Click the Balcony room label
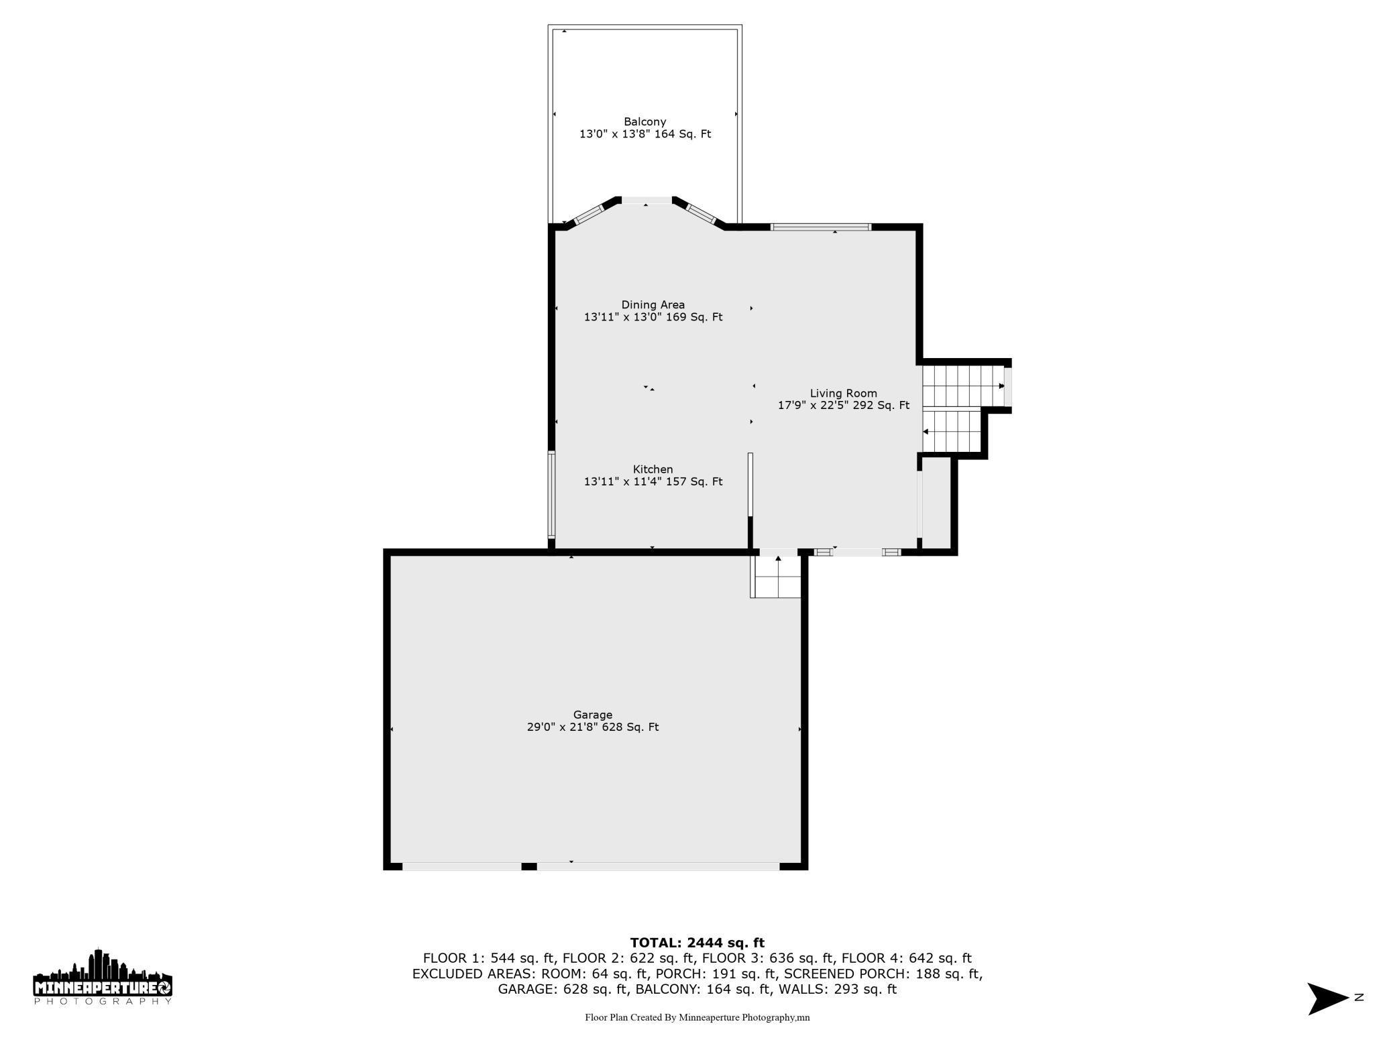pyautogui.click(x=645, y=122)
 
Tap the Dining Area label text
pyautogui.click(x=653, y=305)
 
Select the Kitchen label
pyautogui.click(x=653, y=469)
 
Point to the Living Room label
pyautogui.click(x=843, y=394)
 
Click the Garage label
pyautogui.click(x=592, y=715)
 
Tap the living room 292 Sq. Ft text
pyautogui.click(x=881, y=406)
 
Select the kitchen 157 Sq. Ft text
pyautogui.click(x=693, y=481)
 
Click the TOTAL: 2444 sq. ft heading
pyautogui.click(x=697, y=943)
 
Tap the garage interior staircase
pyautogui.click(x=777, y=577)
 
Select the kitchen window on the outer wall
pyautogui.click(x=551, y=495)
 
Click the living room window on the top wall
pyautogui.click(x=821, y=227)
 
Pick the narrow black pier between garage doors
pyautogui.click(x=528, y=866)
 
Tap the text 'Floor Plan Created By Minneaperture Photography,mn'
pyautogui.click(x=697, y=1017)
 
